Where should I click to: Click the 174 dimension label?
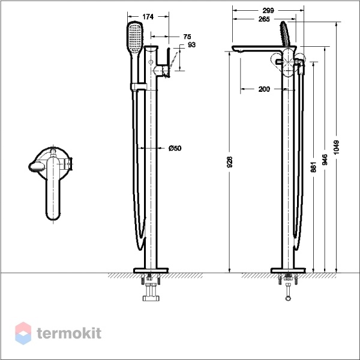(x=148, y=17)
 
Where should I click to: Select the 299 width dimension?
(x=268, y=11)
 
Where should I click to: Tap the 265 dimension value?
(x=264, y=19)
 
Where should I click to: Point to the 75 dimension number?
(x=187, y=37)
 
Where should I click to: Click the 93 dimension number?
(x=192, y=45)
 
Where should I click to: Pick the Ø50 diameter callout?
(x=175, y=148)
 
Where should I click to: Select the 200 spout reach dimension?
(x=264, y=89)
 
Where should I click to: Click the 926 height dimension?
(x=230, y=162)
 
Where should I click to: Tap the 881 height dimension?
(x=313, y=167)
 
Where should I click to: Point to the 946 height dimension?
(x=325, y=160)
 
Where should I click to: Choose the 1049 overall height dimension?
(x=336, y=148)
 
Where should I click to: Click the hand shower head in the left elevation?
(x=135, y=38)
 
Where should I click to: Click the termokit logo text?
(x=69, y=333)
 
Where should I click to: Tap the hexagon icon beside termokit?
(x=23, y=333)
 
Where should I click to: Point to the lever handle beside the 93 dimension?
(x=168, y=62)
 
